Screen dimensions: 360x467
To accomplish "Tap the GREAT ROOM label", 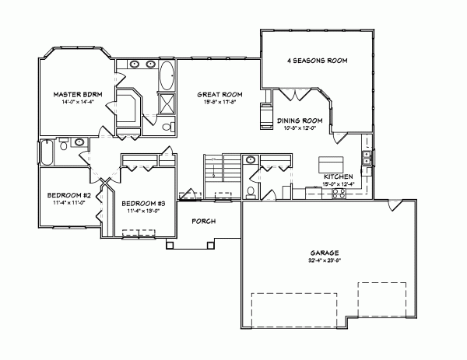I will point(218,93).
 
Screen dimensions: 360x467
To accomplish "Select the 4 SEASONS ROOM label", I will point(316,60).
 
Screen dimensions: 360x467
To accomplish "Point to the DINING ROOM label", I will point(300,121).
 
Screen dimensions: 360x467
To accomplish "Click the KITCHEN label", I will point(339,177).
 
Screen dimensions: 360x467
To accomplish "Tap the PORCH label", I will point(203,221).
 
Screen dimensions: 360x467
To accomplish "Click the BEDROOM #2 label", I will point(66,194).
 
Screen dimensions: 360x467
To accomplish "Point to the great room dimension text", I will point(218,101).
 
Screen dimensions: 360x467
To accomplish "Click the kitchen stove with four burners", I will point(339,194).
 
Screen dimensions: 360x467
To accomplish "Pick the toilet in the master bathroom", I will point(167,127).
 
